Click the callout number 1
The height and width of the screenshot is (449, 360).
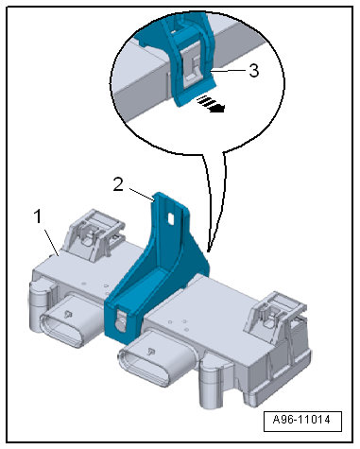[x=38, y=216]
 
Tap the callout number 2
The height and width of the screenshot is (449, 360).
[x=118, y=184]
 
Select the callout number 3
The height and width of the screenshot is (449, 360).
[x=254, y=71]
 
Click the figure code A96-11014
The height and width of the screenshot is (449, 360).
[x=302, y=420]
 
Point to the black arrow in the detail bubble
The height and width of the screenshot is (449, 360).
[x=211, y=104]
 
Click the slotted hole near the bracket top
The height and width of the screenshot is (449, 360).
[x=171, y=218]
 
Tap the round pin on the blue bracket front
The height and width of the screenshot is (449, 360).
[x=120, y=325]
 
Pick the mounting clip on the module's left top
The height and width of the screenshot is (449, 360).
[x=94, y=233]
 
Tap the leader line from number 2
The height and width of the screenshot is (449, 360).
[x=141, y=194]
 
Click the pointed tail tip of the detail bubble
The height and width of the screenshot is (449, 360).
[x=208, y=251]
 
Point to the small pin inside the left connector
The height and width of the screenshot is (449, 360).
[x=67, y=313]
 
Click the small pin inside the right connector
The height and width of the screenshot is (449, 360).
[x=151, y=351]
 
